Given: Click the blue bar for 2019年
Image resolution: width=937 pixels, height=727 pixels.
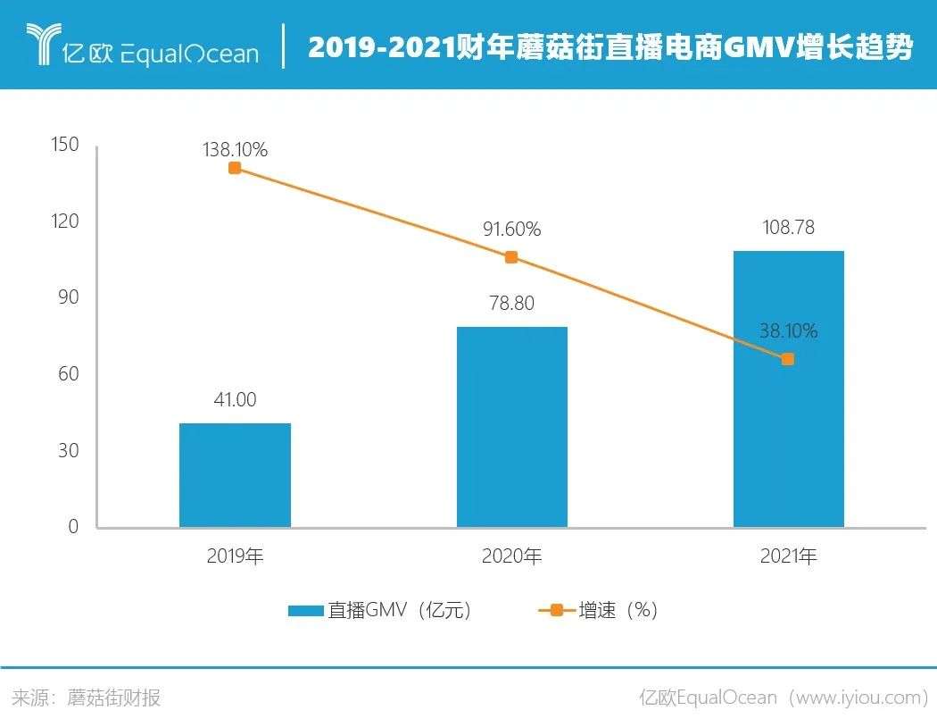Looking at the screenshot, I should (235, 474).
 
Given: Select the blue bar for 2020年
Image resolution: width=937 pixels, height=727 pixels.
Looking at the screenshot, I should (511, 427).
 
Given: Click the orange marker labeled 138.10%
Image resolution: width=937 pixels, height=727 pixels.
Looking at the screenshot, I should (235, 168).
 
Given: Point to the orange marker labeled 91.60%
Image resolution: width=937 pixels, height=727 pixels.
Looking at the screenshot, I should (511, 257).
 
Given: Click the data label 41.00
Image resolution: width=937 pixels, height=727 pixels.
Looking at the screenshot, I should (235, 400).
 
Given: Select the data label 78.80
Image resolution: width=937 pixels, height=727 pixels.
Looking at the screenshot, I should (511, 304).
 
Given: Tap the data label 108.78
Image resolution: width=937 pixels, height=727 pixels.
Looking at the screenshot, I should (788, 228).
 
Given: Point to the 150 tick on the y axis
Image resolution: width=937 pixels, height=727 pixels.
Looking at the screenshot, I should (66, 145).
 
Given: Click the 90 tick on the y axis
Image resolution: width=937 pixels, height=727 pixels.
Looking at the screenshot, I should (69, 297).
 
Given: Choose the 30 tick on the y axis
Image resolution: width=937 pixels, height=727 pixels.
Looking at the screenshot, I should (69, 450).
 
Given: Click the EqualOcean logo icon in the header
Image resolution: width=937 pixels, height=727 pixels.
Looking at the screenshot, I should (40, 45).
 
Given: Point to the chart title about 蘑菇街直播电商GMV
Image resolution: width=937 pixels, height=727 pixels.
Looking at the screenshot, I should (609, 47).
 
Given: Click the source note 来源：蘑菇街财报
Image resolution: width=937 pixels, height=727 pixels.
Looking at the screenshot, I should (86, 698).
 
